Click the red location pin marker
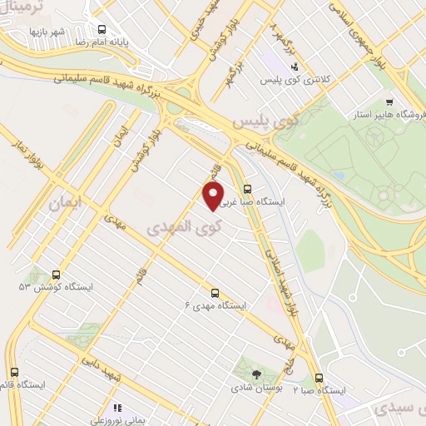(214, 196)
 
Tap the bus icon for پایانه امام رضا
(102, 27)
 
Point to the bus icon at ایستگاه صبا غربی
(246, 189)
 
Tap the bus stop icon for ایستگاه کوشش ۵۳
(57, 275)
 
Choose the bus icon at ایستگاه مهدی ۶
(215, 293)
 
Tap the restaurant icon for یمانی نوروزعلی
(117, 408)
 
